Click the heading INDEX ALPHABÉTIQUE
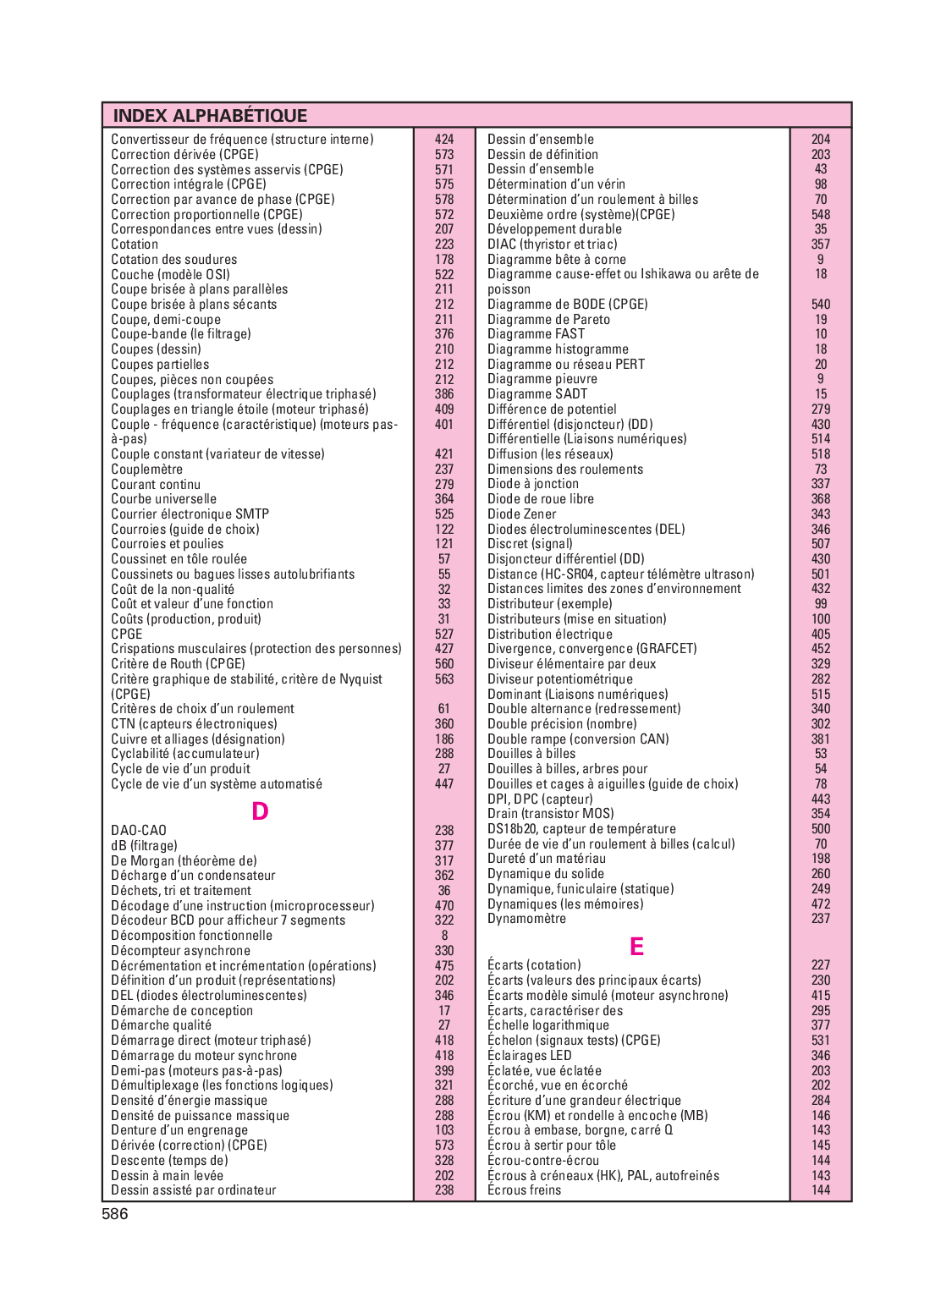point(210,116)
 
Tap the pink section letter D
point(260,811)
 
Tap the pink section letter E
point(636,947)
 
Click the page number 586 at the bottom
point(115,1215)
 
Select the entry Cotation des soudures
point(174,260)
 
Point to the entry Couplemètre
point(147,470)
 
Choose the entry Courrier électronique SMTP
point(190,514)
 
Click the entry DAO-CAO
point(139,831)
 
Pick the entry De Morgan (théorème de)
point(184,861)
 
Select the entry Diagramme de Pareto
point(548,320)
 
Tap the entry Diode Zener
point(522,514)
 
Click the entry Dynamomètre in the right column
point(526,919)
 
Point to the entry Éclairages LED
point(530,1056)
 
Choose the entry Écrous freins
point(525,1190)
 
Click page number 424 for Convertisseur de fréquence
point(444,140)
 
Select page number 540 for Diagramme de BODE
point(821,305)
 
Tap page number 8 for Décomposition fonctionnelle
point(444,936)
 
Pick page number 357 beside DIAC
point(821,244)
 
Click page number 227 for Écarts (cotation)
point(821,965)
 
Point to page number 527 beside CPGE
point(444,635)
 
